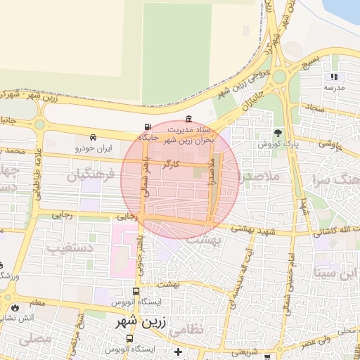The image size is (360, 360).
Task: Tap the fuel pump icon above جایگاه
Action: [146, 127]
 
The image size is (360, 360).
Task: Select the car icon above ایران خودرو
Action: [94, 138]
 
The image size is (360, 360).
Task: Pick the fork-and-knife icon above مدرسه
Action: [334, 77]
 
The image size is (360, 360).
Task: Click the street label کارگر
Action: [172, 165]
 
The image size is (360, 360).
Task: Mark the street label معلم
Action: [36, 303]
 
